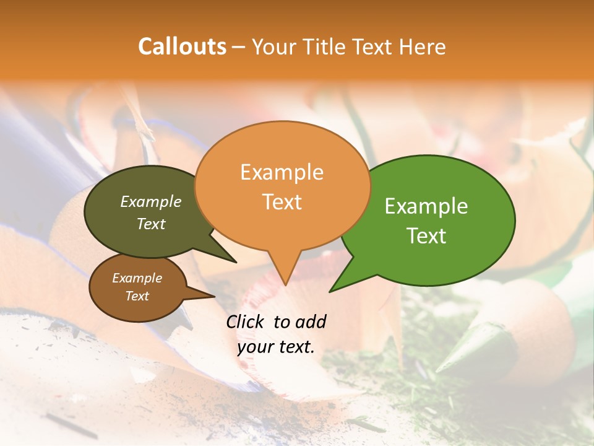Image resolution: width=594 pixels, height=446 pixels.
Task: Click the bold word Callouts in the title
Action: (x=182, y=46)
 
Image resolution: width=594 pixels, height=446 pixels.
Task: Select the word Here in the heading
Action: (x=422, y=46)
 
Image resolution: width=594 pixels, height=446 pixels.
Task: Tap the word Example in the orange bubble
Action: (x=282, y=172)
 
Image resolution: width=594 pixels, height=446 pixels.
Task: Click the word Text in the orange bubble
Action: (x=282, y=202)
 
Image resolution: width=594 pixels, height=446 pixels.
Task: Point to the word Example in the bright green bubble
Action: (x=426, y=206)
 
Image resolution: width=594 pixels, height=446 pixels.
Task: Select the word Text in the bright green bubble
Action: (x=426, y=236)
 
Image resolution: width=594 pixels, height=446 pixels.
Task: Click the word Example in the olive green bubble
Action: (x=151, y=202)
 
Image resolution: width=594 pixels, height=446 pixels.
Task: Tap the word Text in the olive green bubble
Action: (x=151, y=224)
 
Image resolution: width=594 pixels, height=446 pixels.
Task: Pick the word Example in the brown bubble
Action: (x=137, y=278)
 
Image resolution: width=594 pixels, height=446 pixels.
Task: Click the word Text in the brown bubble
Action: (x=137, y=296)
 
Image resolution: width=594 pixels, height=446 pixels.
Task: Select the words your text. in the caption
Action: (x=276, y=347)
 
